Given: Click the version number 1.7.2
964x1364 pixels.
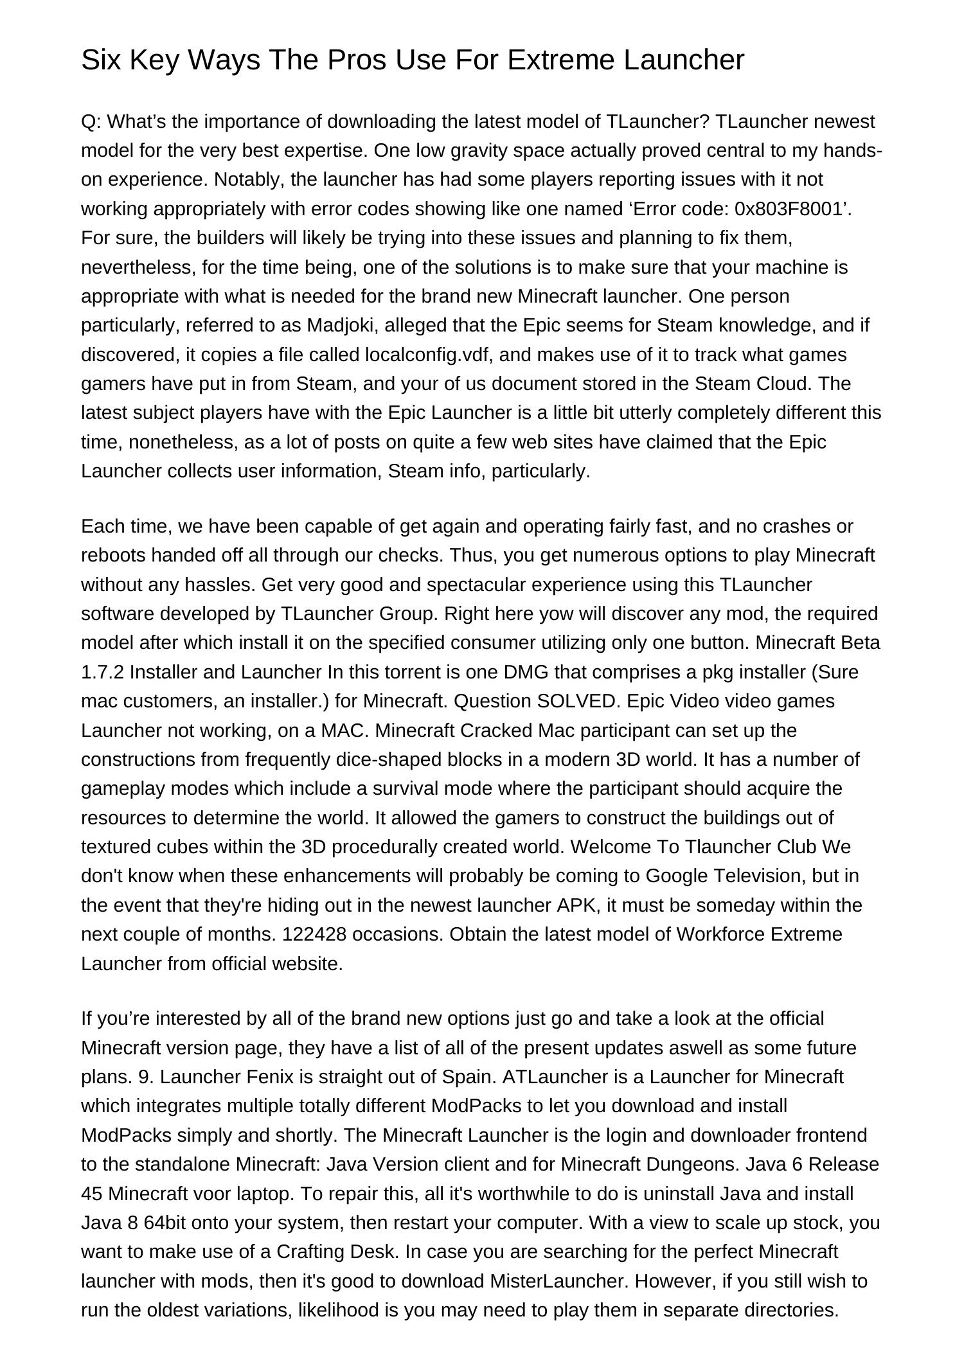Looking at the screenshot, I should click(x=103, y=672).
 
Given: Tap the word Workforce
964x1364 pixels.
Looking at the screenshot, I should click(x=720, y=934).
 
